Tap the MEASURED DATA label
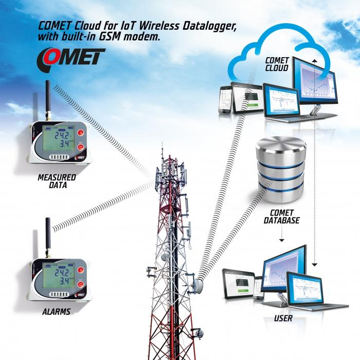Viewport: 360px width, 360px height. (x=56, y=181)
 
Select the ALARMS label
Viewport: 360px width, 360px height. (x=57, y=312)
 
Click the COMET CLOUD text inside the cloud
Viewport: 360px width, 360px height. (x=276, y=64)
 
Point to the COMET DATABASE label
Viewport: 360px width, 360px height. (x=281, y=217)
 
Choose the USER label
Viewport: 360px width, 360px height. (x=283, y=318)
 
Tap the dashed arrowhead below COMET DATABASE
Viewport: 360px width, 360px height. (x=281, y=240)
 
